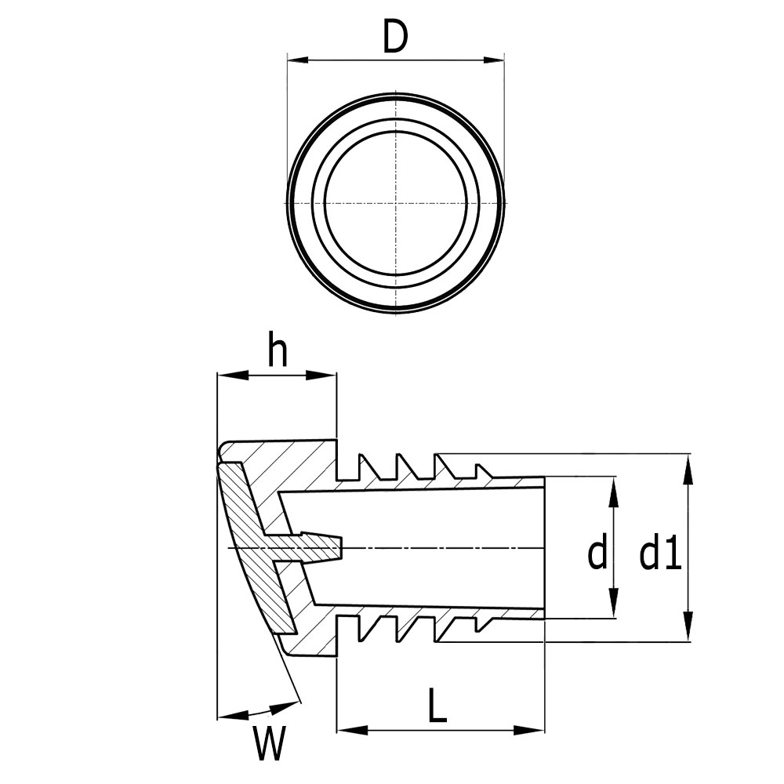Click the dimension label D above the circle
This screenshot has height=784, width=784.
pyautogui.click(x=395, y=37)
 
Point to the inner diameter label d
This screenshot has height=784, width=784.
pyautogui.click(x=597, y=555)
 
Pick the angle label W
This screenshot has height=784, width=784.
pyautogui.click(x=269, y=744)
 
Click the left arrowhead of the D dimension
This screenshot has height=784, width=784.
pyautogui.click(x=296, y=60)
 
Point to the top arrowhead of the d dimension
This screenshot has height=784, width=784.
pyautogui.click(x=613, y=487)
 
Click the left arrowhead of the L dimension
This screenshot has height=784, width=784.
pyautogui.click(x=346, y=731)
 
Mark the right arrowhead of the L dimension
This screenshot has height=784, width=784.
pyautogui.click(x=535, y=731)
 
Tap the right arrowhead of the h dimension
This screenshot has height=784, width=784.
pyautogui.click(x=327, y=376)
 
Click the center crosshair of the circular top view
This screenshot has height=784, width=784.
pyautogui.click(x=397, y=204)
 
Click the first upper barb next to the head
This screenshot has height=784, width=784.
pyautogui.click(x=365, y=467)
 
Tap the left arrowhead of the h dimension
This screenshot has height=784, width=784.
pyautogui.click(x=226, y=376)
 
